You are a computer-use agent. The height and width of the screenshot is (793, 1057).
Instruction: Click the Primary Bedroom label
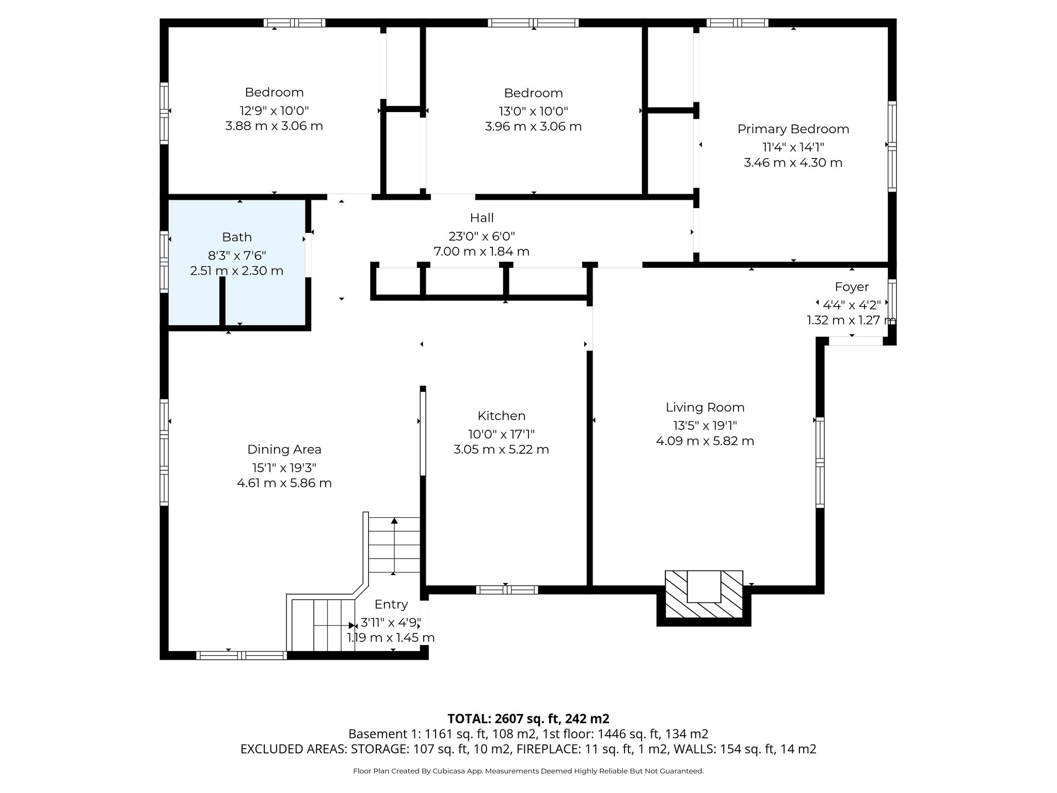click(x=793, y=129)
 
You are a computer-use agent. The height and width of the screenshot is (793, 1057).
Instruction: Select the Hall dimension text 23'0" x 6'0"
click(x=482, y=236)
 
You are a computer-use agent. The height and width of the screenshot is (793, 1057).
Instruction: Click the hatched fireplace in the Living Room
click(x=703, y=595)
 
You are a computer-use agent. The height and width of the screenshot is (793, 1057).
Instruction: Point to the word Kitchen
click(x=501, y=416)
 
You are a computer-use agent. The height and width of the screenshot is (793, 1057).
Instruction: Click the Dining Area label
click(x=284, y=450)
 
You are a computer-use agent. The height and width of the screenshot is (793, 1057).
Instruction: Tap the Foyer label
click(x=852, y=287)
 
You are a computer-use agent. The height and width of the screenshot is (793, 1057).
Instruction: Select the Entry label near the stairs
click(x=391, y=605)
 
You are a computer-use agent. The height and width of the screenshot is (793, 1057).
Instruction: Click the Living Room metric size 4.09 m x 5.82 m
click(x=704, y=441)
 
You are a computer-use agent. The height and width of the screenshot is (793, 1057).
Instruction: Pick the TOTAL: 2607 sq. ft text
click(x=528, y=719)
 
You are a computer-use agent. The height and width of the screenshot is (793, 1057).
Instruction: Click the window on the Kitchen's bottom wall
click(x=507, y=590)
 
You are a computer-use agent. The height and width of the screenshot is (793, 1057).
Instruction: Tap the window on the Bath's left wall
click(x=164, y=262)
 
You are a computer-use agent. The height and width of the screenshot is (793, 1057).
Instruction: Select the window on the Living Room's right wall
click(x=820, y=462)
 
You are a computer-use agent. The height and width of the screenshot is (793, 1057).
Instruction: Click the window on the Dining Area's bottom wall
click(x=241, y=656)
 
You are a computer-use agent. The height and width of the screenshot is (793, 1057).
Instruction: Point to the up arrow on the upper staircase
click(x=394, y=521)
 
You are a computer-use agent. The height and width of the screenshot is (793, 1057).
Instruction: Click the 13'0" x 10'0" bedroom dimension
click(x=533, y=111)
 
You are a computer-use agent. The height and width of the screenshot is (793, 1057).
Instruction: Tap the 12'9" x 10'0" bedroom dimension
click(x=274, y=110)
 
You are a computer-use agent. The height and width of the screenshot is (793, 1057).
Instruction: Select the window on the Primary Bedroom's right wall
click(x=892, y=147)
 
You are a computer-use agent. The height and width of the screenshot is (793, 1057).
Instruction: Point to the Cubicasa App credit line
click(x=528, y=771)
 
